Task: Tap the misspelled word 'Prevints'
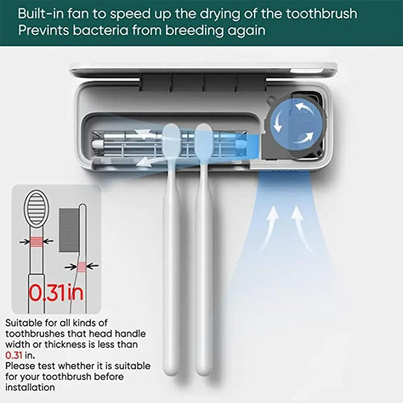tap(44, 30)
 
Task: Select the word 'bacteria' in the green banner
tap(100, 30)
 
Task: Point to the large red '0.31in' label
tap(56, 293)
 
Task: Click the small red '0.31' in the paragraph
tap(13, 355)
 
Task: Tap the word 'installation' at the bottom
tap(30, 387)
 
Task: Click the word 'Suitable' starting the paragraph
tap(24, 323)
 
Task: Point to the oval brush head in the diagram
tap(37, 208)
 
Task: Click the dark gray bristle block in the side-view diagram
tap(69, 231)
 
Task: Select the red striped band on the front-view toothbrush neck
tap(37, 242)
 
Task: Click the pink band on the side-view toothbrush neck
tap(82, 267)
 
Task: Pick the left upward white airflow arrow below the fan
tap(269, 229)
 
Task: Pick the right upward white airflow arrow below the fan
tap(303, 229)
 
